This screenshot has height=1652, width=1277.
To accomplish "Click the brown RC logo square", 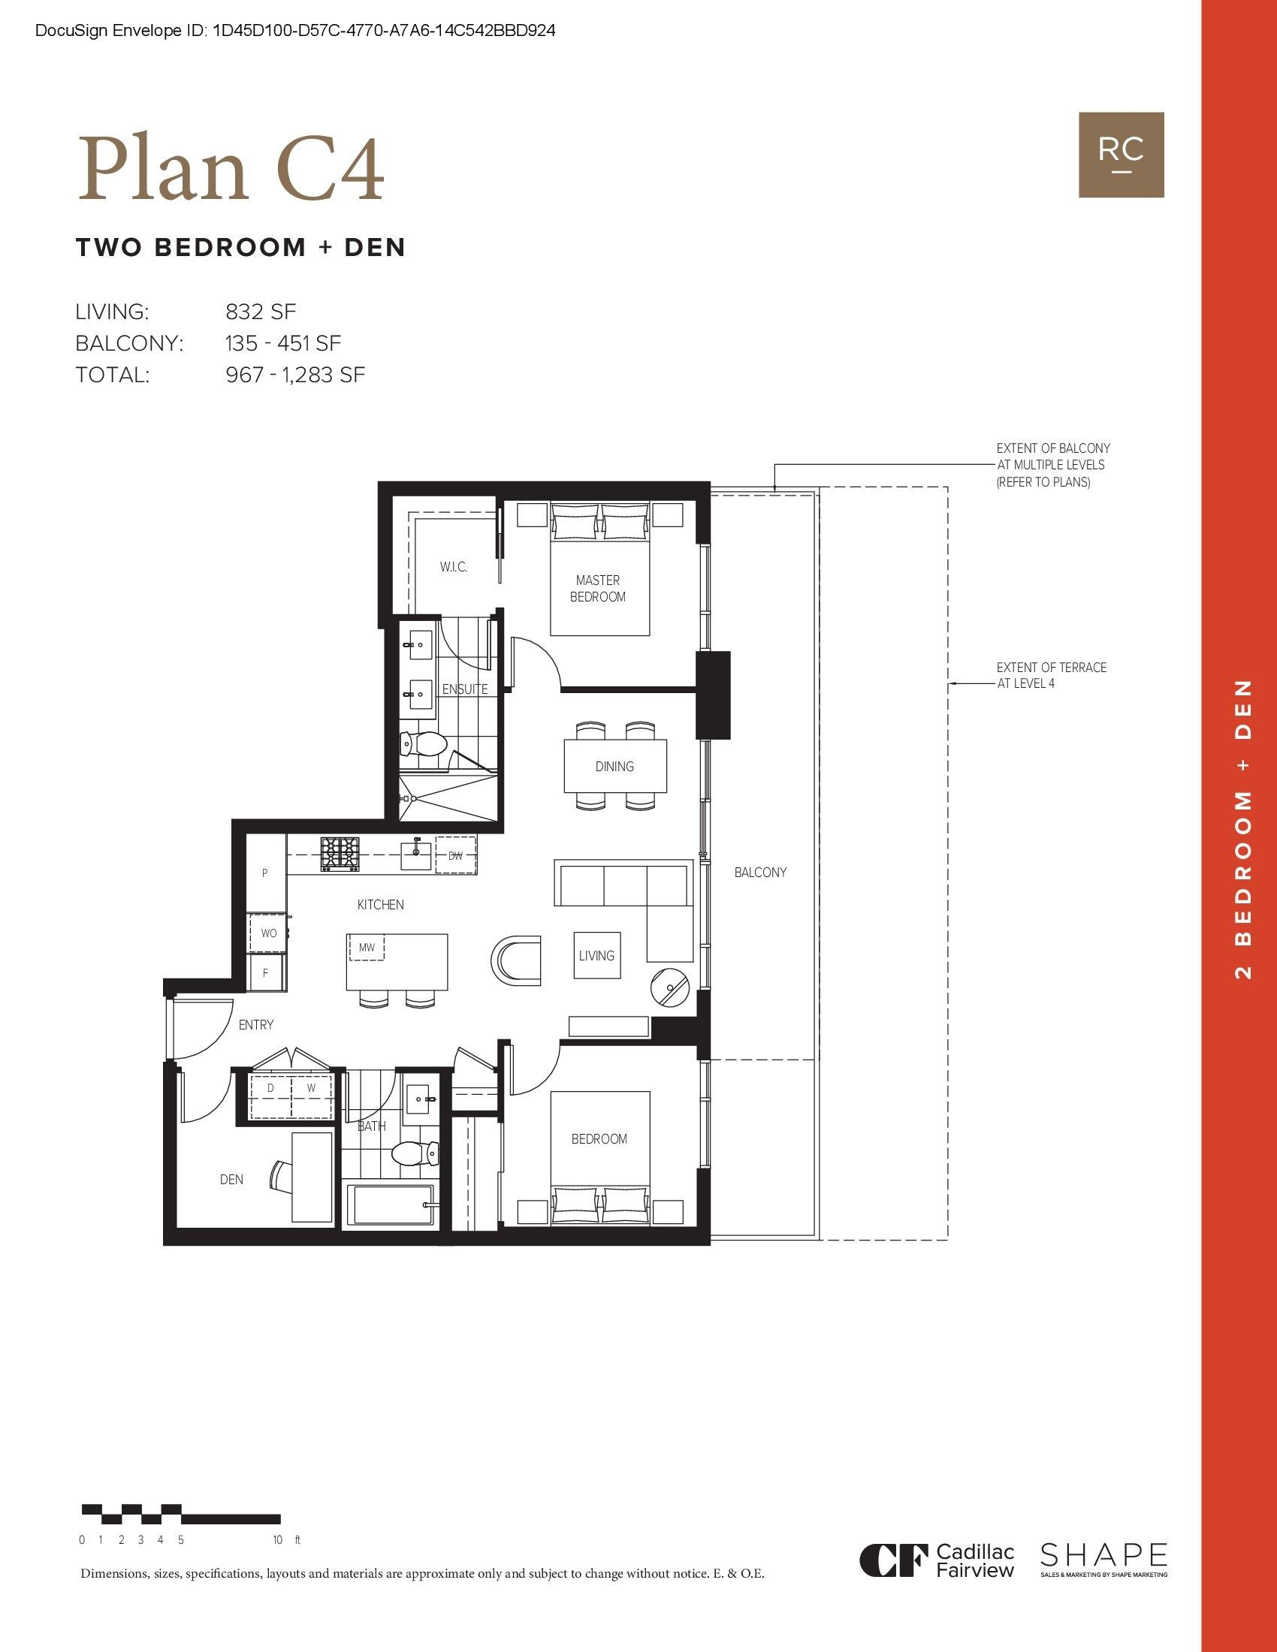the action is pos(1122,155).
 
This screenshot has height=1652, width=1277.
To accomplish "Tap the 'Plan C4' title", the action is pos(231,171).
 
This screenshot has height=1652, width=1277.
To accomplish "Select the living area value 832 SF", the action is pos(261,312).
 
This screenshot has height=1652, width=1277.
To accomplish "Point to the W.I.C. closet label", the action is pos(454,566).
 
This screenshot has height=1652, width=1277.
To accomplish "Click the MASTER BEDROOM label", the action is pos(598,589).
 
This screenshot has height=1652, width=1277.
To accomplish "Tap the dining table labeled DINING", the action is pos(615,766).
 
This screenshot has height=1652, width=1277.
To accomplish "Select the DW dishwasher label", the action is pos(455,855).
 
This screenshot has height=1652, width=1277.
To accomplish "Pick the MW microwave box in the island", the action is pos(366,947).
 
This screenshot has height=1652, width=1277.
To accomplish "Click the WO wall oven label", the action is pos(269,933).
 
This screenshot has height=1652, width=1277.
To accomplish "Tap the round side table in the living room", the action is pos(669,987).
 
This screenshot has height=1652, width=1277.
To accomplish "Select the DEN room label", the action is pos(231,1179).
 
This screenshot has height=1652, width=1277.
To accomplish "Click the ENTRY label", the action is pos(255,1025).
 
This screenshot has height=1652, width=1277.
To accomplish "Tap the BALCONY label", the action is pos(760,872).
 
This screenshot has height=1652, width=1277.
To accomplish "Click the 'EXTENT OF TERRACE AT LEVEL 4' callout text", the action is pos(1051,676).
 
